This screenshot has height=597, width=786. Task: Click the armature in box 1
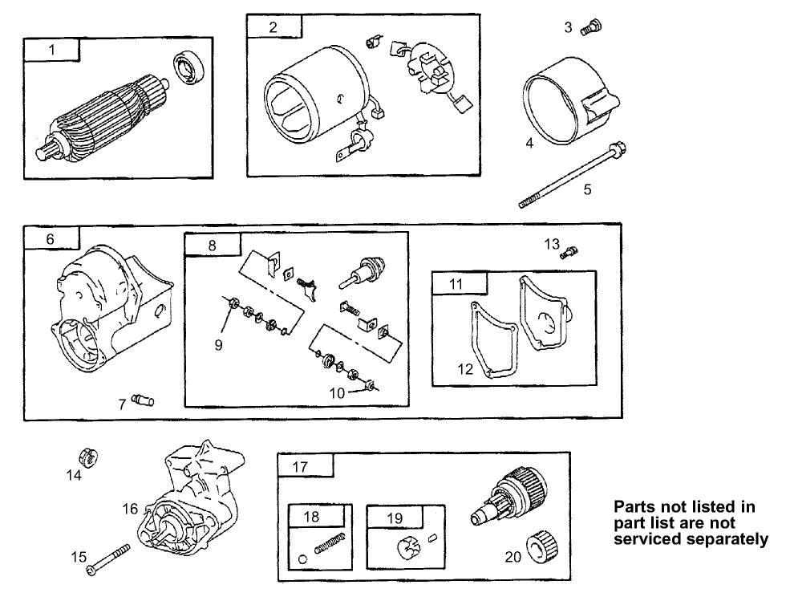pos(105,117)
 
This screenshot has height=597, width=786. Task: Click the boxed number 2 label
pos(273,27)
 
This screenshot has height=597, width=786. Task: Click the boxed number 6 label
pos(51,239)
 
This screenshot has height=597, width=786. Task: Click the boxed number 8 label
pos(213,246)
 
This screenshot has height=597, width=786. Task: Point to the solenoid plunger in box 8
pos(364,269)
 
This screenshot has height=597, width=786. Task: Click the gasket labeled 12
pos(492,341)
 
